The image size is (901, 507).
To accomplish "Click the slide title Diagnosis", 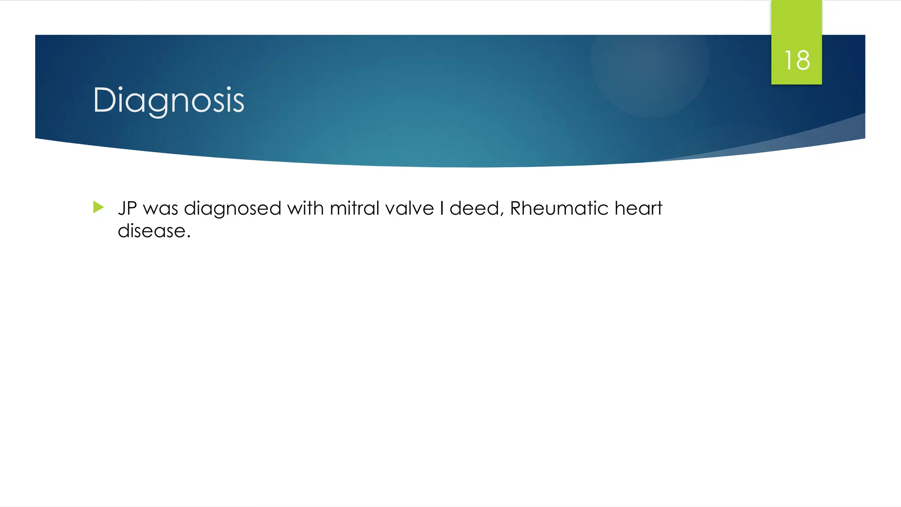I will coord(168,100).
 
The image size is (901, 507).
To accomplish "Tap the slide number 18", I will coord(797,60).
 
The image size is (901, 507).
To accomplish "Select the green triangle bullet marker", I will coord(99,207).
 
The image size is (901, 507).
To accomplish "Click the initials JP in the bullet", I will coord(128,208).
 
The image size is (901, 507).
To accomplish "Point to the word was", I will coord(161,209).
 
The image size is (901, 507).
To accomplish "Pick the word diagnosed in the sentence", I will coord(232,209).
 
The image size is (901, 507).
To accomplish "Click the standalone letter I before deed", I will coord(442,208).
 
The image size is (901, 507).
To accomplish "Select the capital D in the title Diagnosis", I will coord(104,100).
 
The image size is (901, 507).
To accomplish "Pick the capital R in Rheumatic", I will coord(516,208).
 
